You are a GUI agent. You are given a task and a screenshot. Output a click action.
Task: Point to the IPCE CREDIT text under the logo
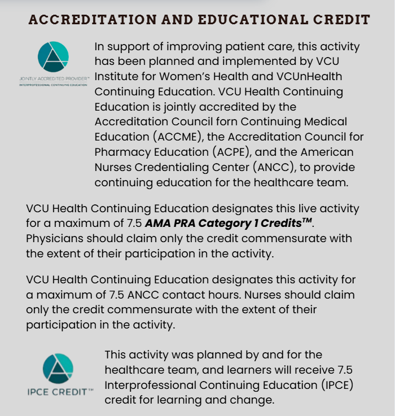pyautogui.click(x=58, y=392)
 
